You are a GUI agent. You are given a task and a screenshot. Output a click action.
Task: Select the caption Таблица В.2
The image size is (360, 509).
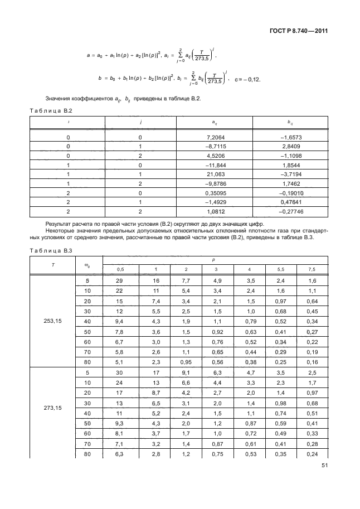pyautogui.click(x=51, y=112)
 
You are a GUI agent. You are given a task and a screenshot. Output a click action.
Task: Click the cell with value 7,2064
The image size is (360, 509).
pyautogui.click(x=216, y=137)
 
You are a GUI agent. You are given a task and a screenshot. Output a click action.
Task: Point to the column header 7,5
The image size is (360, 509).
pyautogui.click(x=312, y=270)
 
